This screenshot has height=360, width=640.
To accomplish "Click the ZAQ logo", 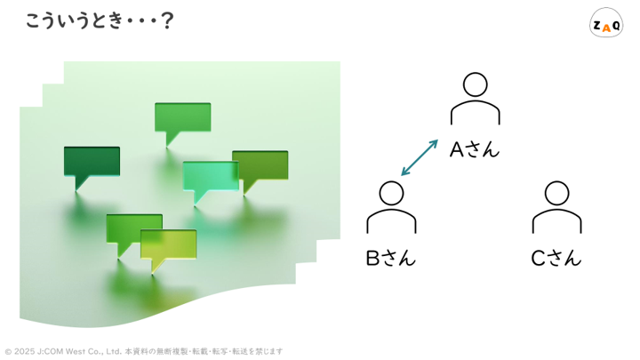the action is click(x=606, y=23).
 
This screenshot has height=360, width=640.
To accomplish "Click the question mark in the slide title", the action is click(x=167, y=21).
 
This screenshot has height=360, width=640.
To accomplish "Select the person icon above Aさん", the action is click(x=475, y=99).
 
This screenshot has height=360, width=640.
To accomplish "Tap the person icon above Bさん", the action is click(x=391, y=207).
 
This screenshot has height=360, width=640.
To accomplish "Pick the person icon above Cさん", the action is click(x=556, y=207).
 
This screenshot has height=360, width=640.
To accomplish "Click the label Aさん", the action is click(x=475, y=149).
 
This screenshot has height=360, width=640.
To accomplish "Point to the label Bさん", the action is click(x=390, y=258).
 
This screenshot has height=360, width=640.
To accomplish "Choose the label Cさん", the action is click(x=556, y=258).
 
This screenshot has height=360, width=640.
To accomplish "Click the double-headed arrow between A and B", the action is click(x=420, y=157).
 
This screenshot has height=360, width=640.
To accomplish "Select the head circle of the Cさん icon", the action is click(x=556, y=193).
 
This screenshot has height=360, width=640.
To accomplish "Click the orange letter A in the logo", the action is click(x=606, y=28).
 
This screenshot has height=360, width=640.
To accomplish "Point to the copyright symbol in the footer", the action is click(x=8, y=351).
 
